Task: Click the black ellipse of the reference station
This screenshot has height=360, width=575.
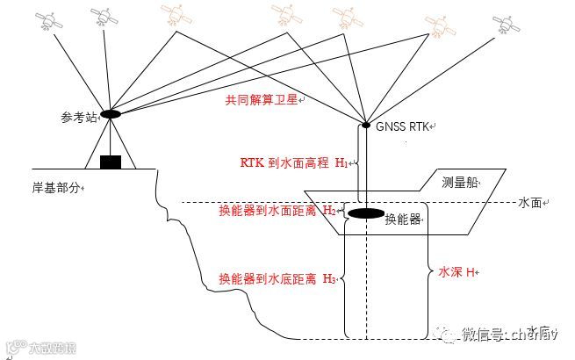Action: point(111,114)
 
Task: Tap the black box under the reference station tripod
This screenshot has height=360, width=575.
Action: point(111,162)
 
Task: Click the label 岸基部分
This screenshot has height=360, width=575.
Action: point(58,187)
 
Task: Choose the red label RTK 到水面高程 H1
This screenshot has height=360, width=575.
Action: point(293,163)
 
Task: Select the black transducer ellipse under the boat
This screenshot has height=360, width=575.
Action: point(364,213)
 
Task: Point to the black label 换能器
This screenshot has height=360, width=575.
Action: point(403,219)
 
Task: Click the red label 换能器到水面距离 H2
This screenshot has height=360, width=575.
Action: point(277,211)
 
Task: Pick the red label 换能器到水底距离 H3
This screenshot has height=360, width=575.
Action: point(277,279)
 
